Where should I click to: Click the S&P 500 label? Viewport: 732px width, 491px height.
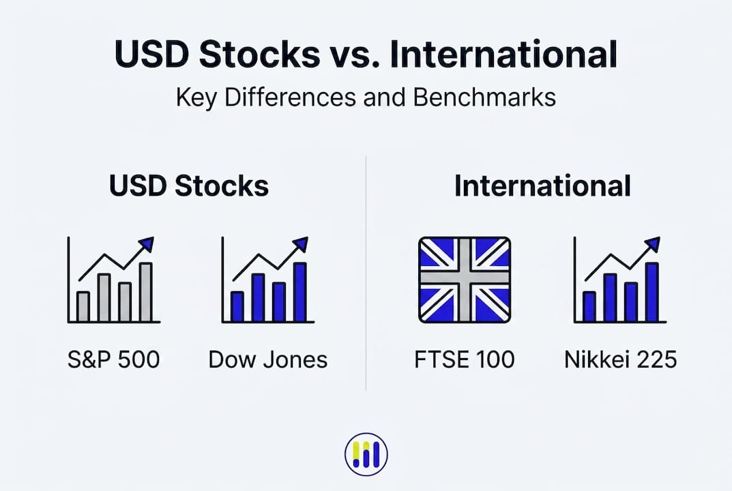[x=113, y=359]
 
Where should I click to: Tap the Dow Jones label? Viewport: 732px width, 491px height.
[x=268, y=359]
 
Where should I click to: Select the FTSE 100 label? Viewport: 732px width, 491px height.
[x=465, y=359]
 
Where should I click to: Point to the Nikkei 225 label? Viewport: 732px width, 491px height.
[x=620, y=359]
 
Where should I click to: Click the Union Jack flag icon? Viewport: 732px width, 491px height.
[x=465, y=280]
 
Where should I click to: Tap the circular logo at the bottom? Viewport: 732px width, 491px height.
[x=366, y=454]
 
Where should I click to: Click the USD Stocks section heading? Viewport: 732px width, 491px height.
[x=189, y=185]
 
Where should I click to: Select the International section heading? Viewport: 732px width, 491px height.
[x=542, y=185]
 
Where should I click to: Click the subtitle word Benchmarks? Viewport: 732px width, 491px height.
[x=484, y=98]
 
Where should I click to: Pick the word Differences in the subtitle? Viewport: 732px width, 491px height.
[x=290, y=98]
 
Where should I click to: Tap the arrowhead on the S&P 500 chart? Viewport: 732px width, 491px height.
[x=147, y=244]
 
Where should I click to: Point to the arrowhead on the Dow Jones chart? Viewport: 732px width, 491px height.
[x=301, y=244]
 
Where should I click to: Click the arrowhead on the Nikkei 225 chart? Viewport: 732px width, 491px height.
[x=653, y=244]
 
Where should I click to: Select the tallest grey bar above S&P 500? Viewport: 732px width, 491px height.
[x=146, y=292]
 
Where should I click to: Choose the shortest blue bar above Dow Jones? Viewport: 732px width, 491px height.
[x=237, y=307]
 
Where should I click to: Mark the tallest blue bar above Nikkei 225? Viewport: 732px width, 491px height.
[x=652, y=292]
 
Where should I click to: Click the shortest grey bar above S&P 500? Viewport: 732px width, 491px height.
[x=83, y=307]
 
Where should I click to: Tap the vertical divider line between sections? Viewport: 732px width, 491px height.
[x=366, y=273]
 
